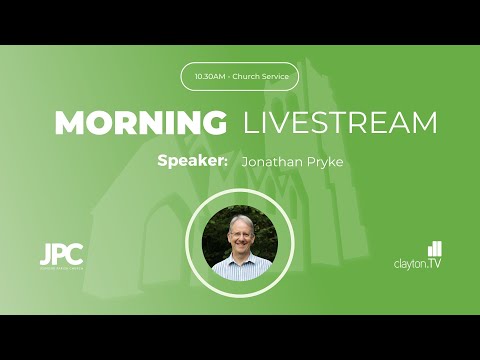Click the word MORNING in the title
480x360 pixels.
click(x=140, y=123)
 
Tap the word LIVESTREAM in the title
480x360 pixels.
click(x=340, y=123)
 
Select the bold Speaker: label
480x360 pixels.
click(x=193, y=160)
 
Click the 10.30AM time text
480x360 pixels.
click(x=210, y=76)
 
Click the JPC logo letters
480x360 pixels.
click(x=61, y=254)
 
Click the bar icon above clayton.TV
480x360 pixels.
click(x=434, y=248)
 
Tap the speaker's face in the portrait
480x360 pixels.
click(x=240, y=235)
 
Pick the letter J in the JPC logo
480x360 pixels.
click(x=46, y=254)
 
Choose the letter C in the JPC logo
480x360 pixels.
click(x=76, y=254)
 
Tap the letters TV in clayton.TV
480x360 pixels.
click(x=434, y=263)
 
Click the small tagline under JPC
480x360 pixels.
click(x=61, y=269)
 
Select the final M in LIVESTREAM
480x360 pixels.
click(x=424, y=123)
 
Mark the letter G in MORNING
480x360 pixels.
click(x=213, y=123)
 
